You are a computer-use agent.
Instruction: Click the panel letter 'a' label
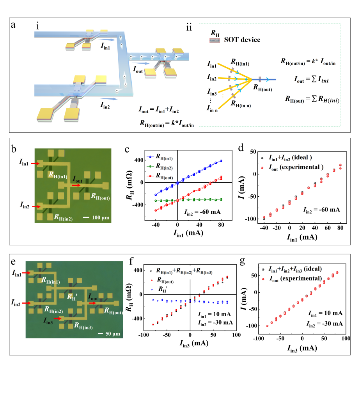pos(14,25)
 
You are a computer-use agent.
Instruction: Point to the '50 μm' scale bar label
pos(110,334)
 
